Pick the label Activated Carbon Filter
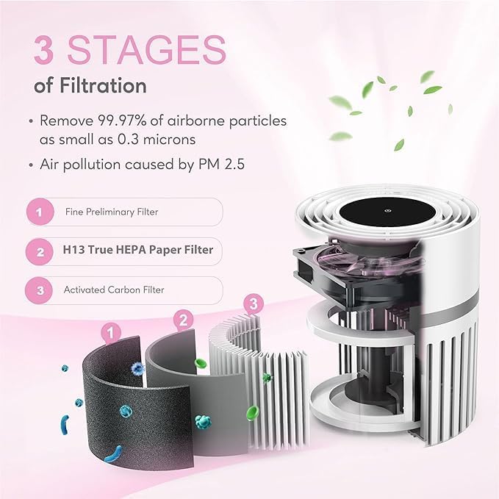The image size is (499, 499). tap(113, 290)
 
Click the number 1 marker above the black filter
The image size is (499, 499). tap(111, 333)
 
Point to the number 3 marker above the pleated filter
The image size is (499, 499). tap(253, 303)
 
